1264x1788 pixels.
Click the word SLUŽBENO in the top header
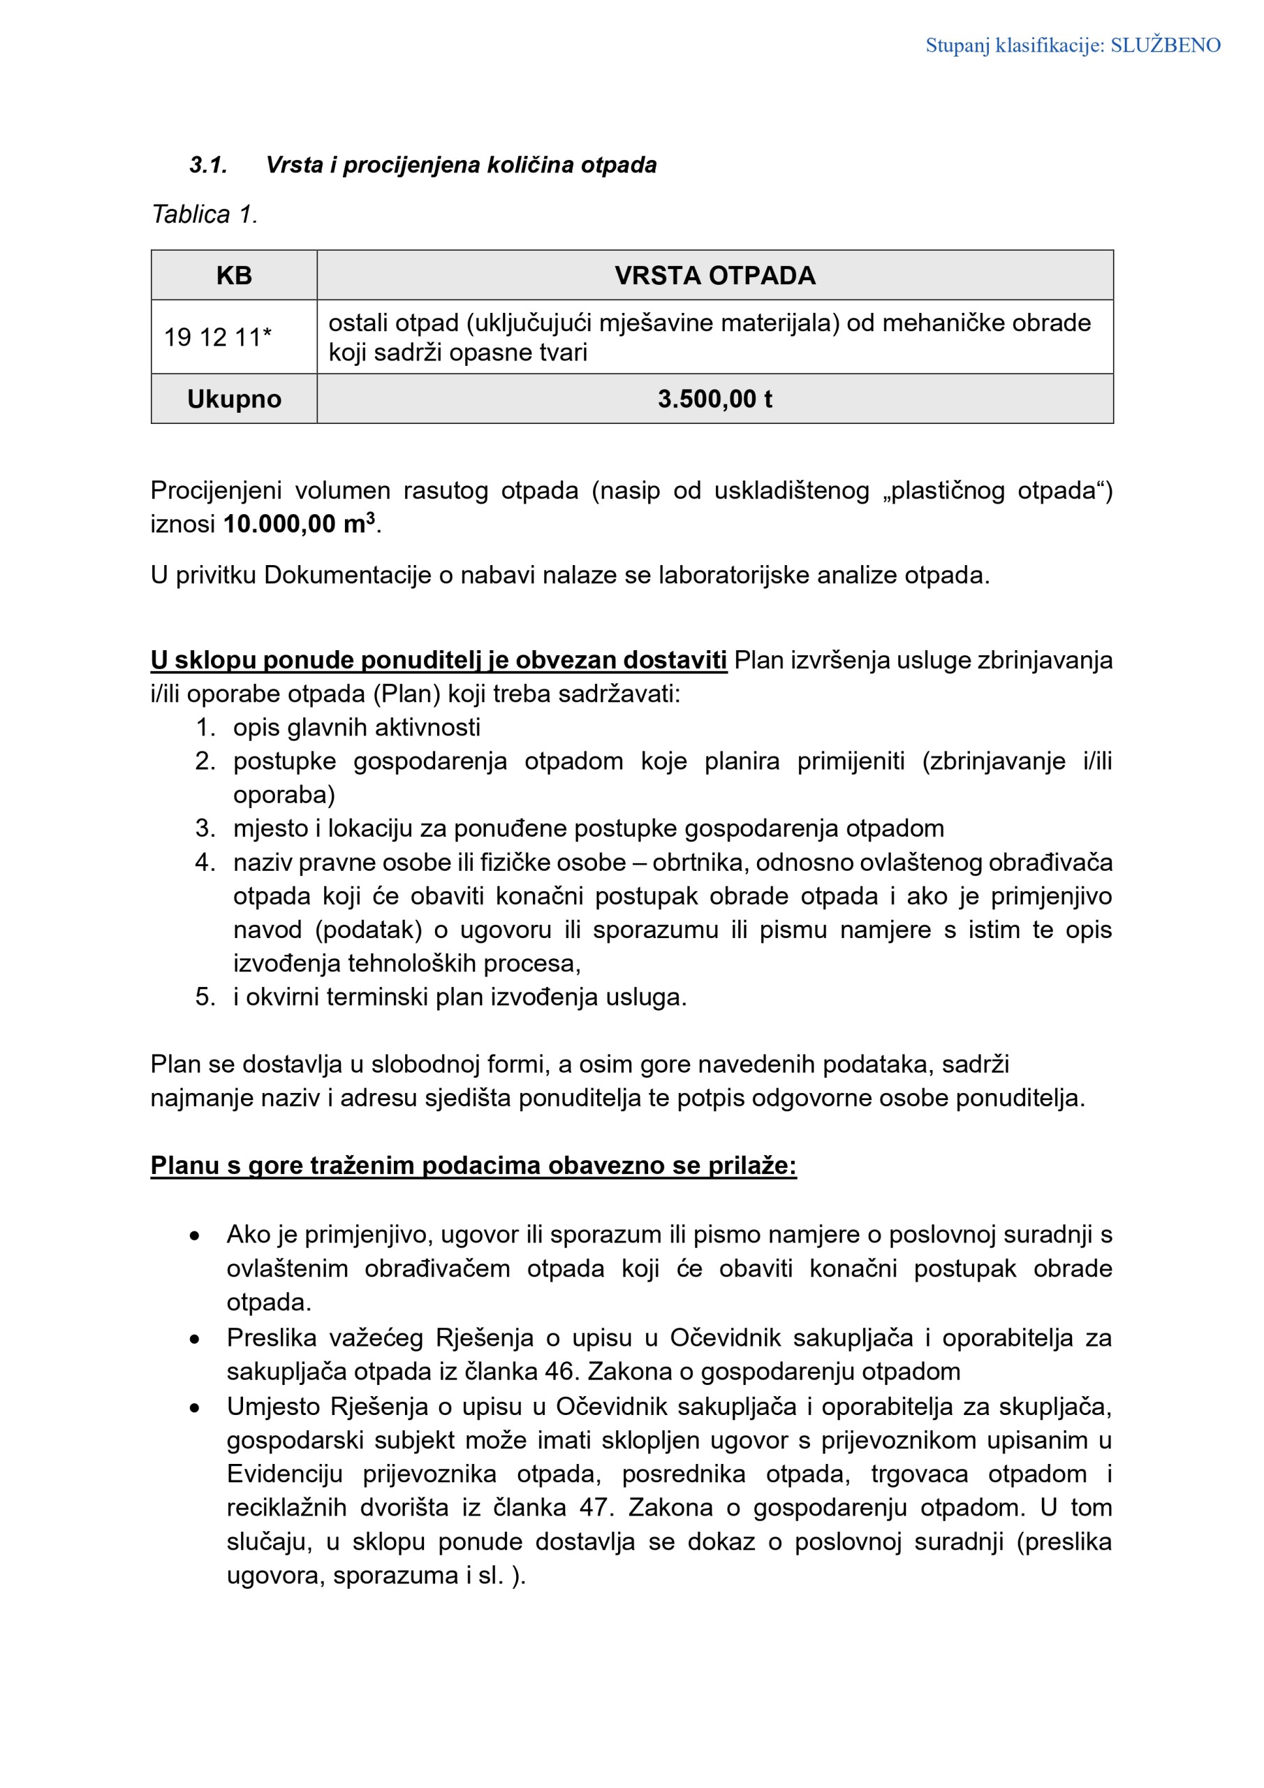1165,45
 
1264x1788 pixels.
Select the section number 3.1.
208,165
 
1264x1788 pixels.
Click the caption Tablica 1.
204,214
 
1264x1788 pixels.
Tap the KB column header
234,276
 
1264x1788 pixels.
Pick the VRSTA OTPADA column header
714,276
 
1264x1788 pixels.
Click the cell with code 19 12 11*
217,337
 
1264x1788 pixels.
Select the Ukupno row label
234,399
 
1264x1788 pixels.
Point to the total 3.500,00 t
714,399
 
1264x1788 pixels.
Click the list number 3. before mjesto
205,828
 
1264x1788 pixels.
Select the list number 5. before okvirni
205,997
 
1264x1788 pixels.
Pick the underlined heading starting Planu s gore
473,1166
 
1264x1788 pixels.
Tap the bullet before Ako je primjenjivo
195,1236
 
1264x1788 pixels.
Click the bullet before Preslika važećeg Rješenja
195,1340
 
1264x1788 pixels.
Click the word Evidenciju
285,1474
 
